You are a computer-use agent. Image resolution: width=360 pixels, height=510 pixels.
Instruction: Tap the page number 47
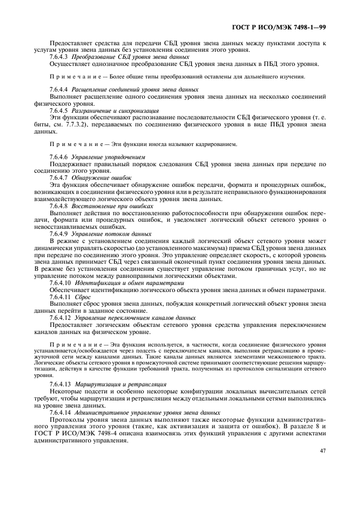[322, 451]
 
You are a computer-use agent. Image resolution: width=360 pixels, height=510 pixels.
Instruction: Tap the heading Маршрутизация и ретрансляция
[121, 384]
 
